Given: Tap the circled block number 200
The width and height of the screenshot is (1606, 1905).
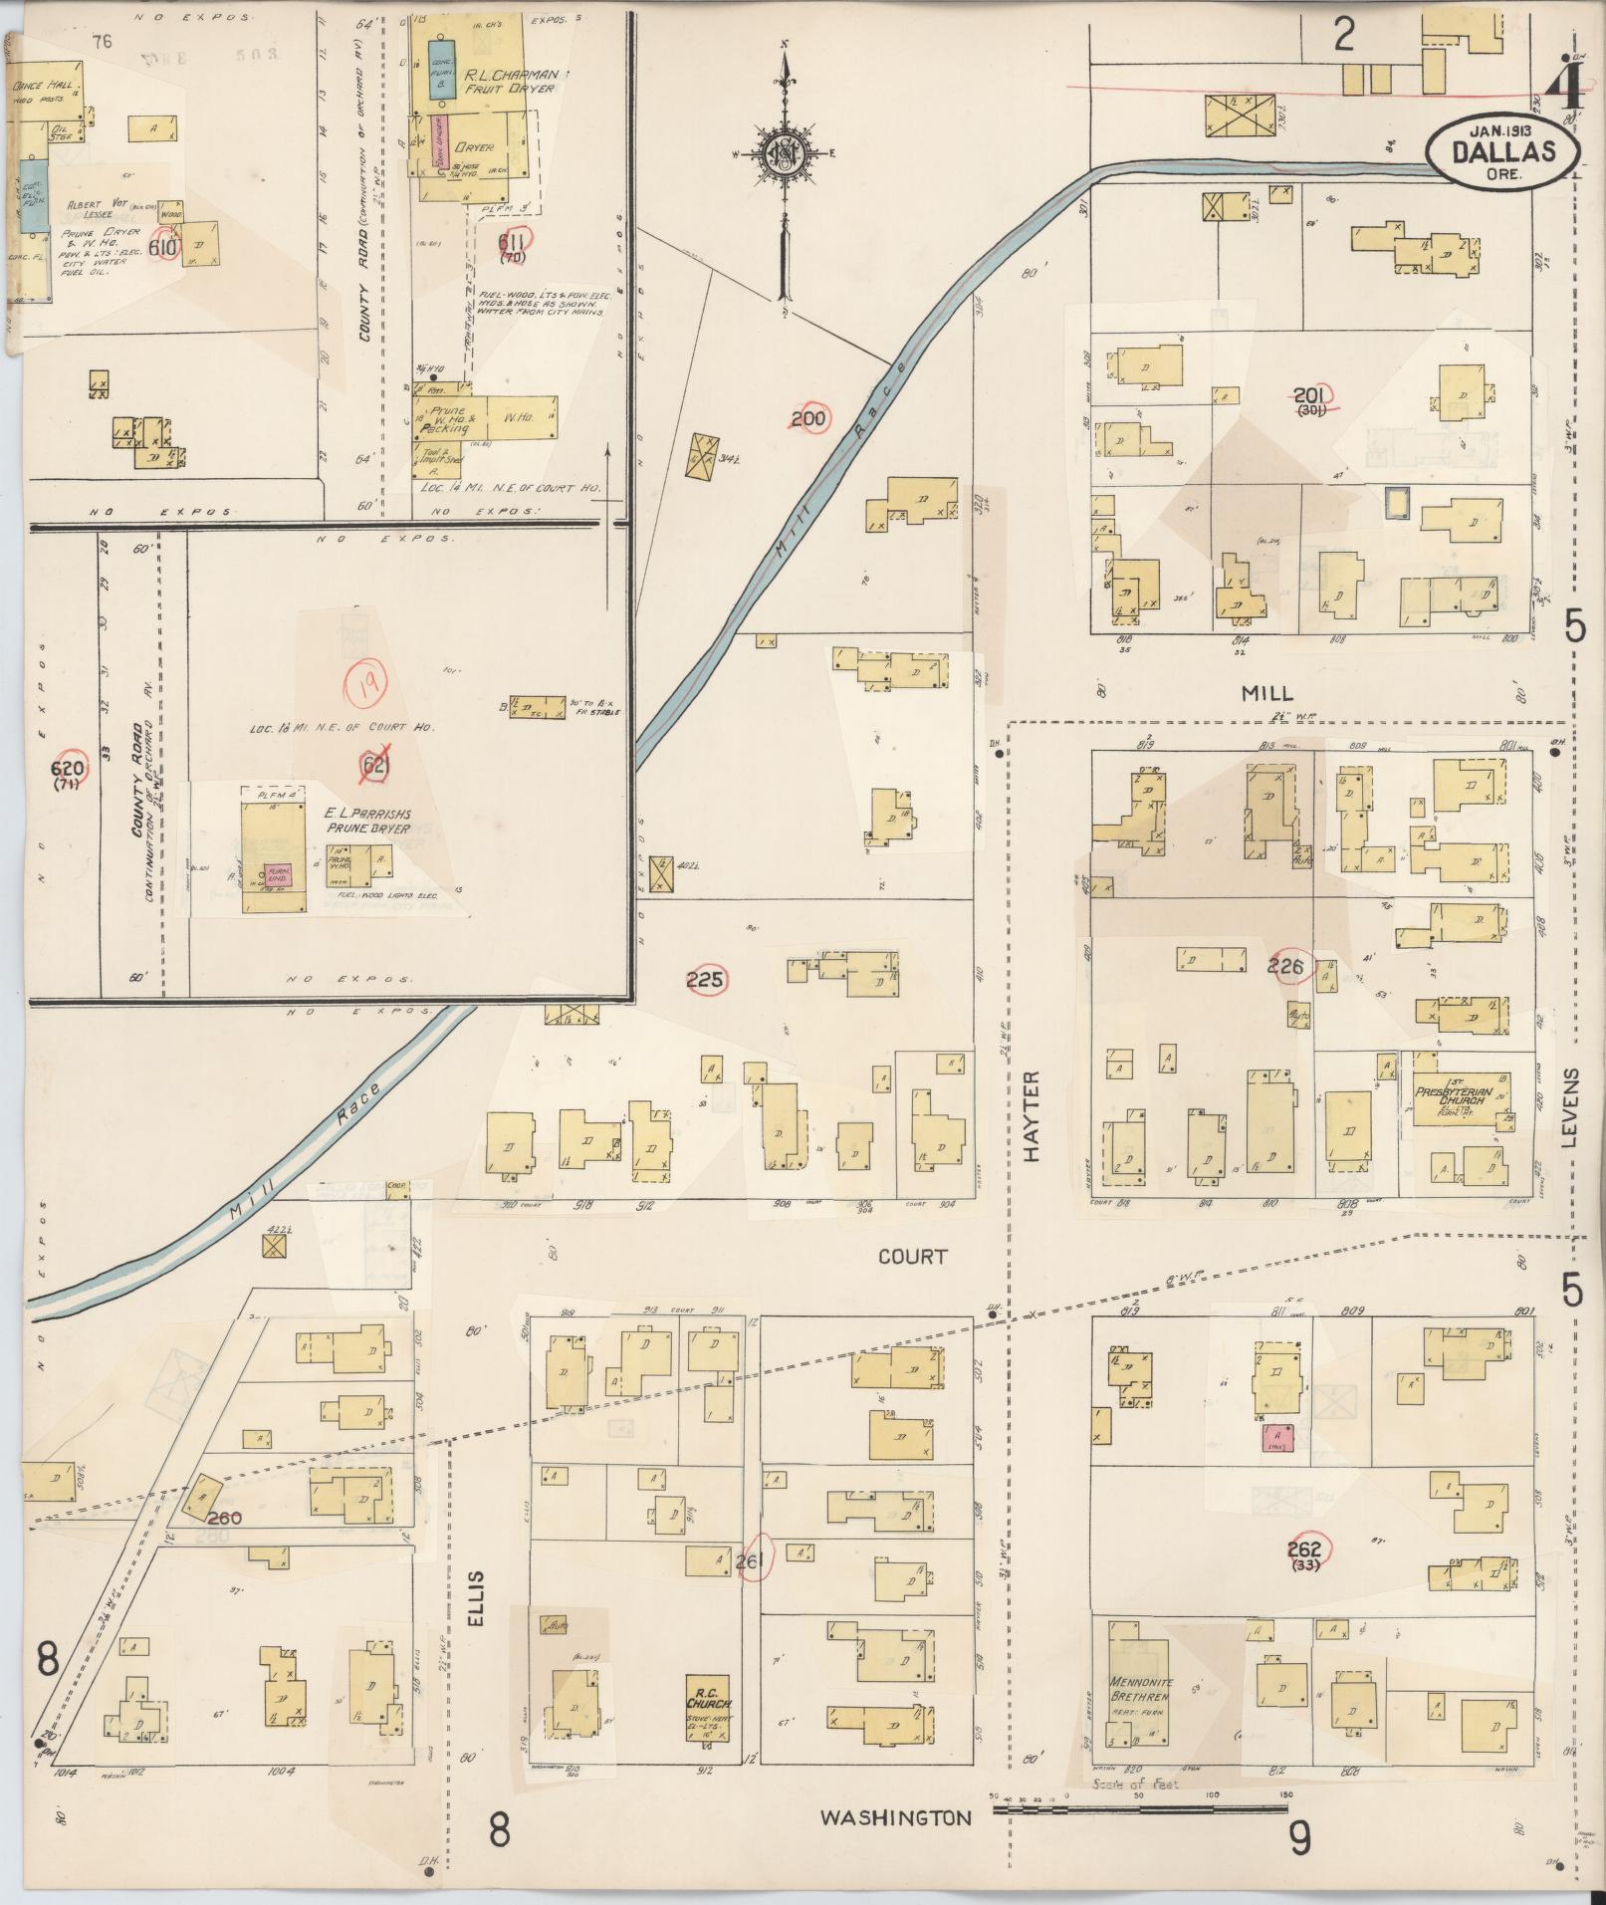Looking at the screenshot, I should tap(807, 419).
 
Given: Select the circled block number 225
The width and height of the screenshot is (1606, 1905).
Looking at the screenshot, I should tap(706, 980).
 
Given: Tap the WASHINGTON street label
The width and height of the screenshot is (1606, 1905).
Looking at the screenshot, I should tap(895, 1817).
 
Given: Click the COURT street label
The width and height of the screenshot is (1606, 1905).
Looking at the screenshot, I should tap(912, 1257).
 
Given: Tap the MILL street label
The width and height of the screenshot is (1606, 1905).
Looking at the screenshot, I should tap(1266, 693).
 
